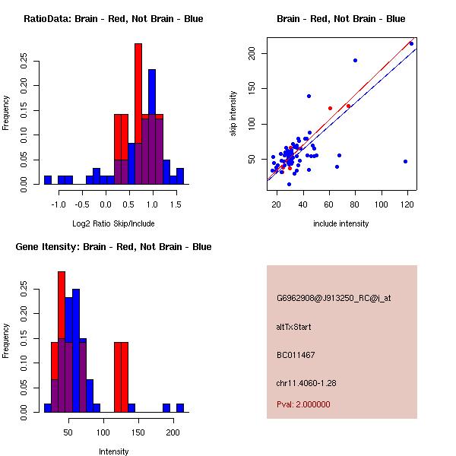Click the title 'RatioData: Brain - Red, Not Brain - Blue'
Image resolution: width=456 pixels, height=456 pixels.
113,19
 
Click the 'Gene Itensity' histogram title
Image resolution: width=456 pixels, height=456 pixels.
113,247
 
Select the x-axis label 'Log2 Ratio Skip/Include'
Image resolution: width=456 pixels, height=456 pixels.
113,223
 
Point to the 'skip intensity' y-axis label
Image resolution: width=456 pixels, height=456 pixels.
233,114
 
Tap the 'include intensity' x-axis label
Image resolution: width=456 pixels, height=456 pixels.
341,223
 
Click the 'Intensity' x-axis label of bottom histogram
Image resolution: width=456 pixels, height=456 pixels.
114,451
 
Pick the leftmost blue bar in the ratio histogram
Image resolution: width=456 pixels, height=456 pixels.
48,180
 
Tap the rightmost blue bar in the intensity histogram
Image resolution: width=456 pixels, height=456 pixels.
180,408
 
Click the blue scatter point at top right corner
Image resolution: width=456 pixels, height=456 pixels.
411,43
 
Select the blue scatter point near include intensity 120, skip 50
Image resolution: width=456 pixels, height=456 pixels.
405,161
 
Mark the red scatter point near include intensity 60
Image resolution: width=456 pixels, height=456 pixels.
330,108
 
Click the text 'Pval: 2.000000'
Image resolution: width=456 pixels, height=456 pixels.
303,404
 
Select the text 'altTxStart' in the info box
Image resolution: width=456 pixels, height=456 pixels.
294,327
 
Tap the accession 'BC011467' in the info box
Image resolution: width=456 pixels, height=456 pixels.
296,355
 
